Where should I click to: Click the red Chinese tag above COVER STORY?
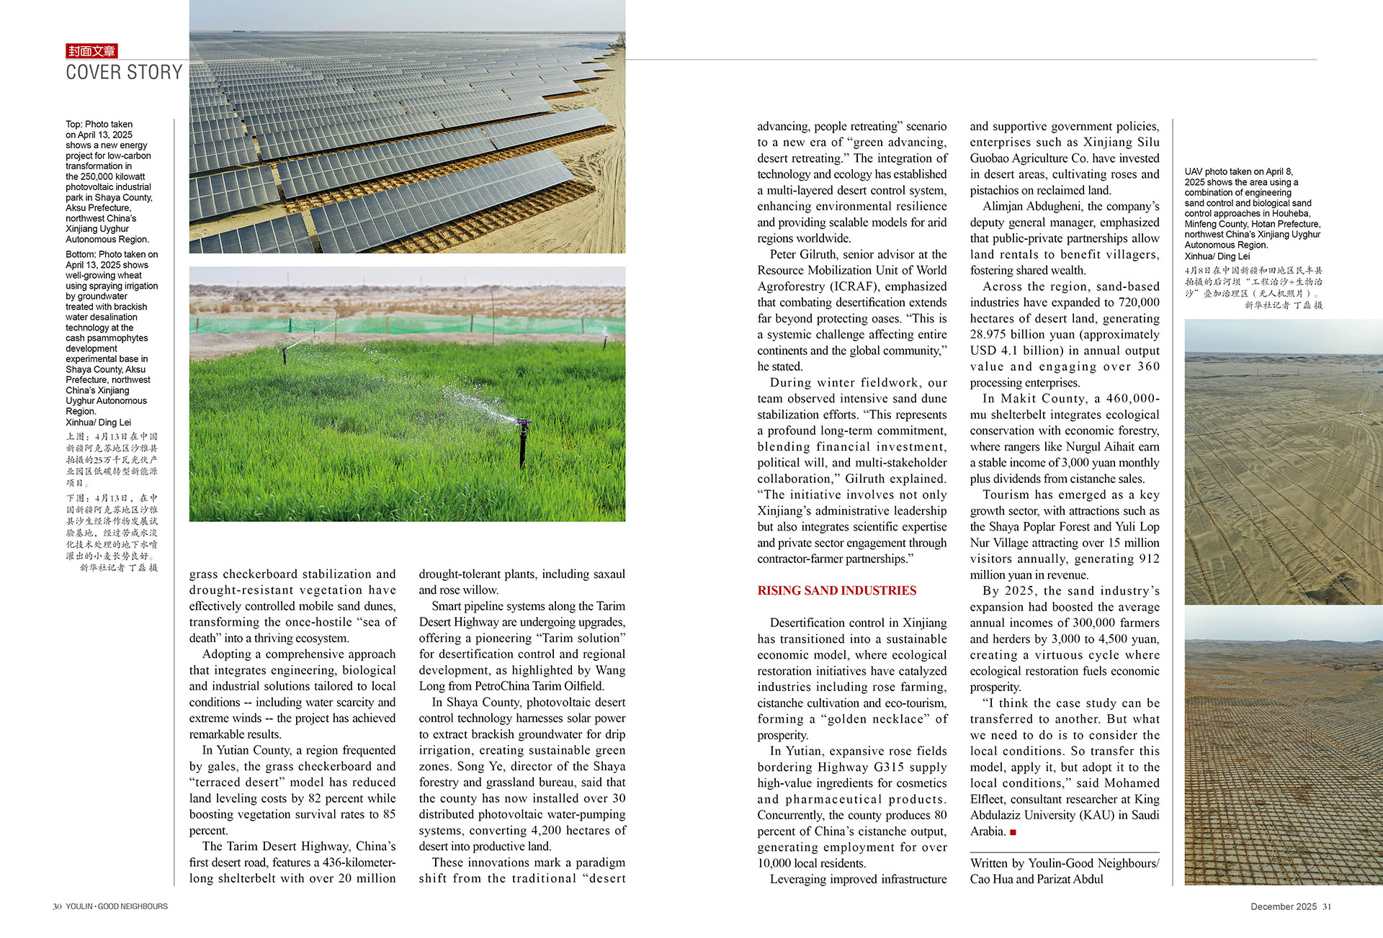coord(91,51)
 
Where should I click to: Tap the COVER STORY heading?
coord(124,73)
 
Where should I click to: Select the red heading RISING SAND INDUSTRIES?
coord(836,591)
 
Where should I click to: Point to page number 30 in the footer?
coord(57,906)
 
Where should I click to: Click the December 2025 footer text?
coord(1284,906)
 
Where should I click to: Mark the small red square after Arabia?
coord(1013,832)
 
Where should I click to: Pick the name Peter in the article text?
coord(784,255)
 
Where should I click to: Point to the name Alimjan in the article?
coord(1003,207)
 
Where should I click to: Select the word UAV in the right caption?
coord(1194,172)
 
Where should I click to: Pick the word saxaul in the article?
coord(609,574)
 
